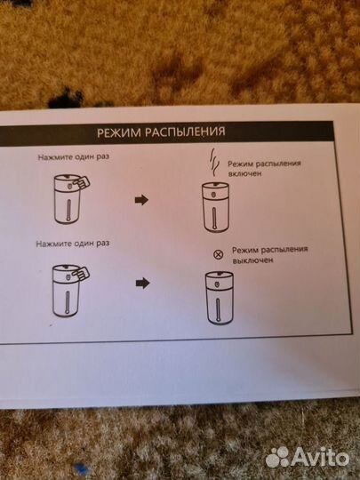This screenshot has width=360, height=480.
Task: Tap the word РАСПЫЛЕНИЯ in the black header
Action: point(185,132)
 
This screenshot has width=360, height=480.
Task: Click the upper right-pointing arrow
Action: point(141,200)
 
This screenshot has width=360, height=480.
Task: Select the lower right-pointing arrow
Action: point(142,283)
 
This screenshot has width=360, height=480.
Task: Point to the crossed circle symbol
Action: point(219,254)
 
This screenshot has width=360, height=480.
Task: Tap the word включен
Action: point(245,173)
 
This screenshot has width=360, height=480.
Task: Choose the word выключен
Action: point(252,260)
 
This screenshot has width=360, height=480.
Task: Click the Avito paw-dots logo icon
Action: point(277,459)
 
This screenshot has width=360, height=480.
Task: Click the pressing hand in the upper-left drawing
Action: point(81,183)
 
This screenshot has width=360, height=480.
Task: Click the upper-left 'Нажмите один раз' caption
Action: point(74,157)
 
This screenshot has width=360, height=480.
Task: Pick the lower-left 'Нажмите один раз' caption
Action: point(73,244)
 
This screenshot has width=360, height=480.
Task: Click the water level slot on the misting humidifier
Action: point(215,219)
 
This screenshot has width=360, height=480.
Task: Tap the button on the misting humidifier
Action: point(214,195)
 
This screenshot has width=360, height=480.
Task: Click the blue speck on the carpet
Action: point(82,469)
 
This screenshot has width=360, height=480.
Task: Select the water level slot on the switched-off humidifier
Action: point(218,309)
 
